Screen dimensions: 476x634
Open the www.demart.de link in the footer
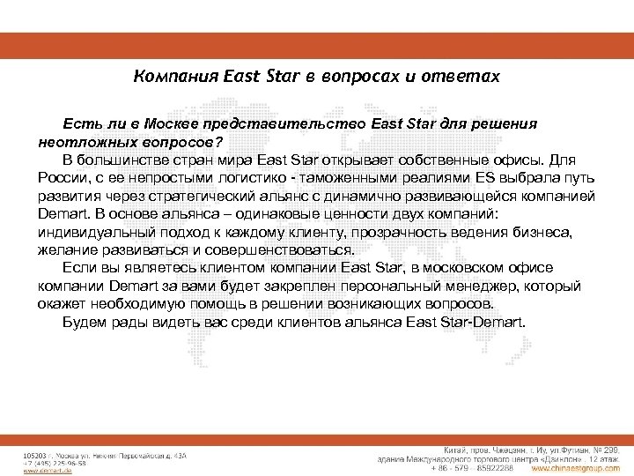pos(43,470)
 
